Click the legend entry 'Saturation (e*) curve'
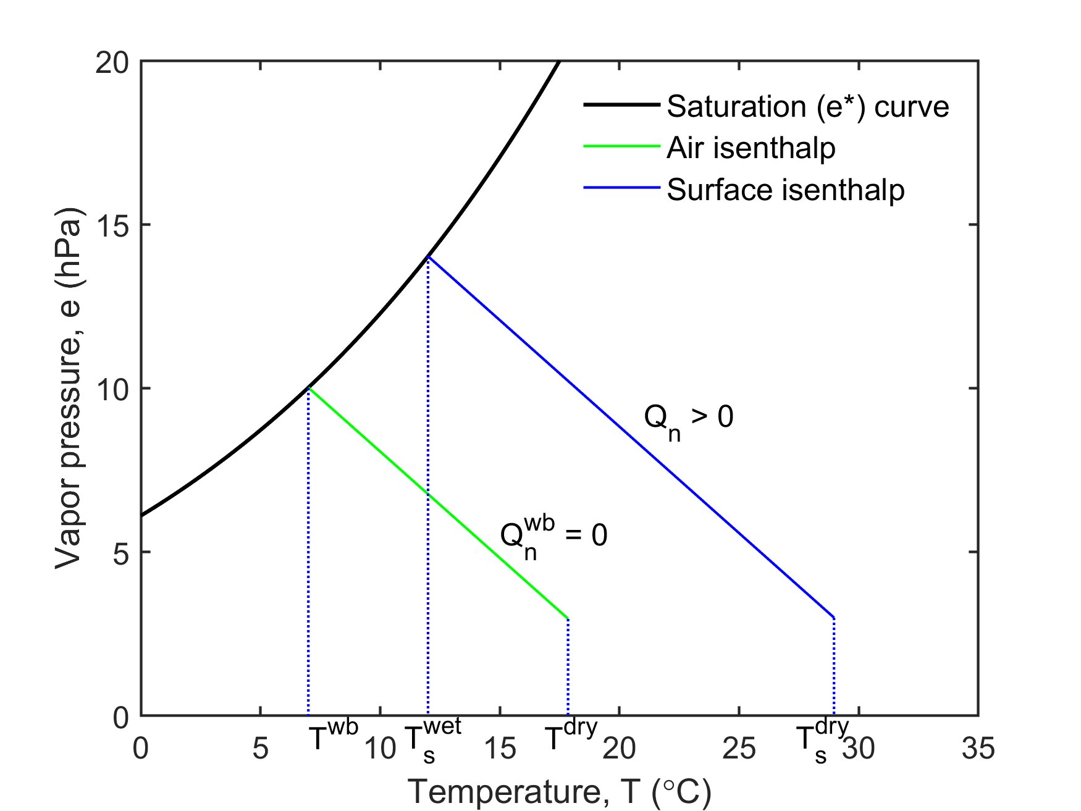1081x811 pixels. tap(807, 107)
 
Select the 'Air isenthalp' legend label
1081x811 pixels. tap(751, 148)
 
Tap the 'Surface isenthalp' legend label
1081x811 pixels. tap(785, 190)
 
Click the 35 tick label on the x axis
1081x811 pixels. tap(978, 749)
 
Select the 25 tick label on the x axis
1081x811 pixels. tap(739, 749)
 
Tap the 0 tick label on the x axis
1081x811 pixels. tap(141, 749)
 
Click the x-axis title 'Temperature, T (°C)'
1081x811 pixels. tap(560, 791)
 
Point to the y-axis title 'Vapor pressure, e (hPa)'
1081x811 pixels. tap(69, 389)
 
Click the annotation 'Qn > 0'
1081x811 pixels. tap(688, 420)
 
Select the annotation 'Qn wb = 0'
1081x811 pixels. tap(553, 537)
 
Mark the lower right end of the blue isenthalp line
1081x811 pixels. tap(834, 618)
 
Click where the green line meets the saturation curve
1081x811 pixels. tap(308, 388)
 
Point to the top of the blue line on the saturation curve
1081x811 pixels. tap(428, 257)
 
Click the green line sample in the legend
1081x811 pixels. tap(621, 147)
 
